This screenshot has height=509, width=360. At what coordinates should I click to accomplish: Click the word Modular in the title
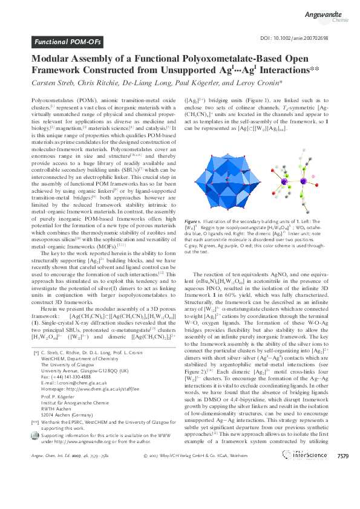click(x=52, y=59)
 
